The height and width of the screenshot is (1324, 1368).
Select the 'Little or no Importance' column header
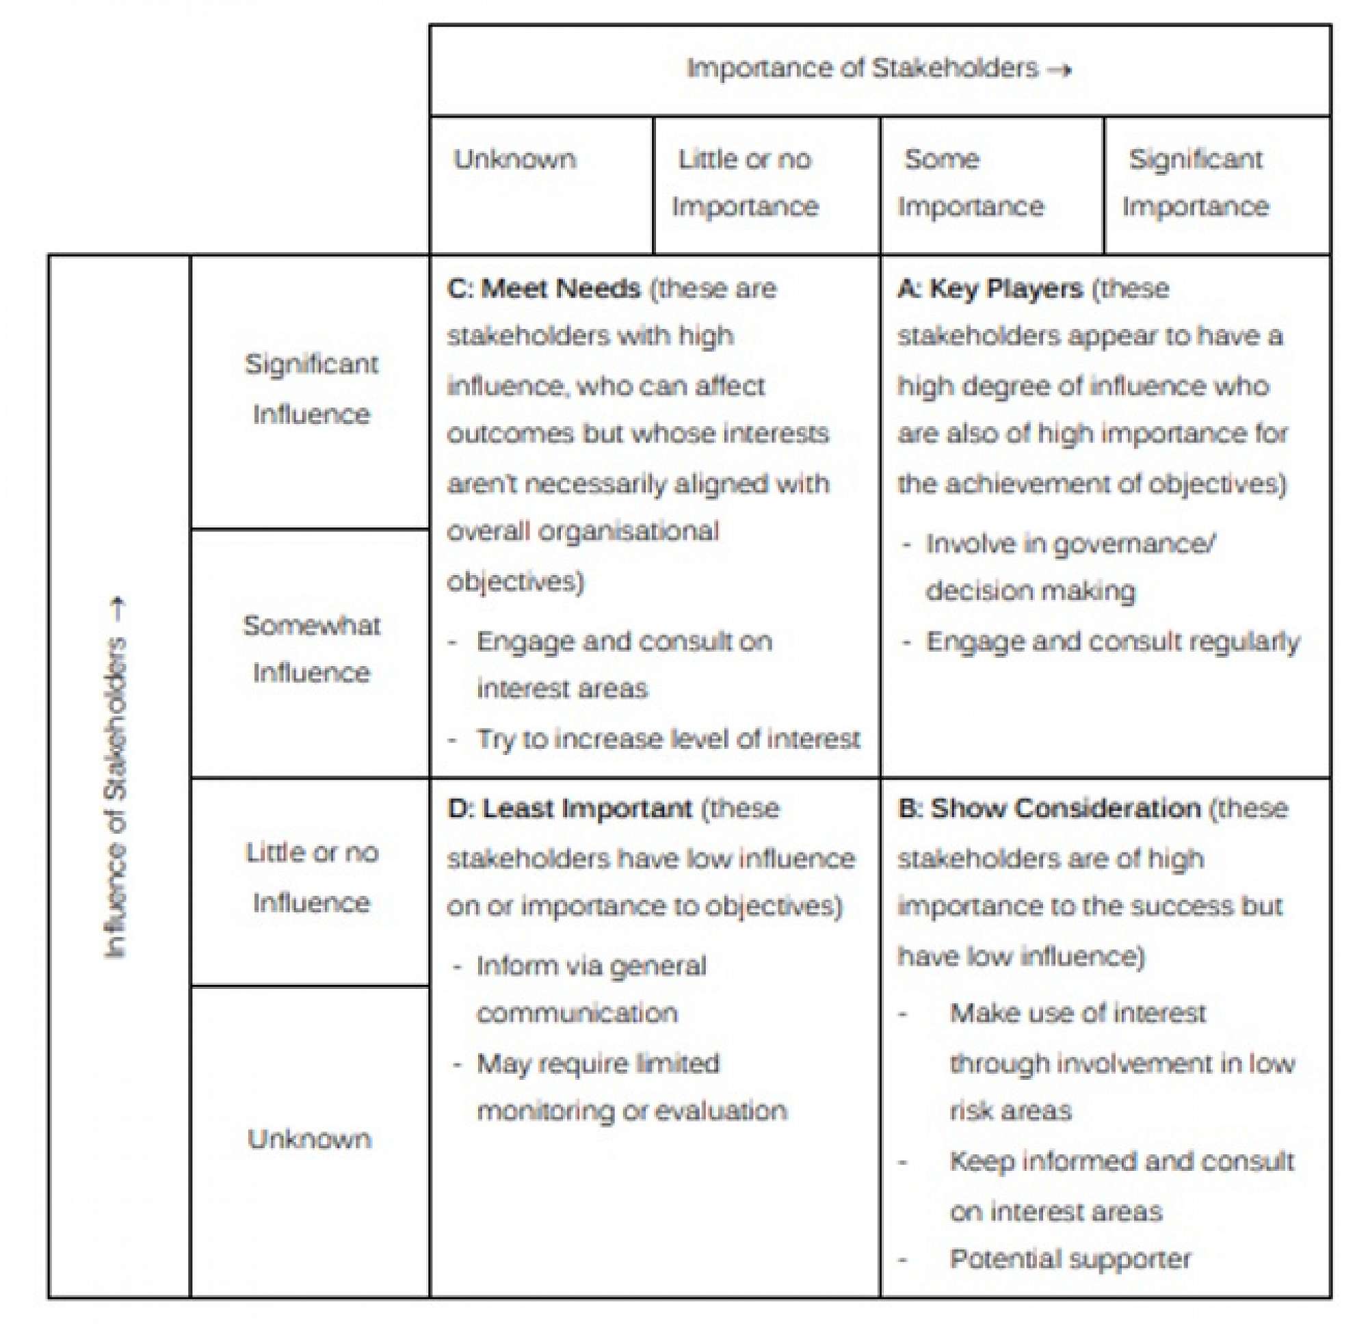[745, 183]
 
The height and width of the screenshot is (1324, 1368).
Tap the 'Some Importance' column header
[970, 183]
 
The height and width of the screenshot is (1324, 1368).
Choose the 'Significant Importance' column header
[1195, 183]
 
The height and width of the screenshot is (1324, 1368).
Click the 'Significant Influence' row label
[311, 388]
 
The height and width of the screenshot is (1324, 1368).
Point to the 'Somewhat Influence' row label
[311, 649]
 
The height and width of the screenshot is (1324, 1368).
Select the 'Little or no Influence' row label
[311, 877]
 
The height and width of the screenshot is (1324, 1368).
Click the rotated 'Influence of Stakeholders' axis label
[117, 778]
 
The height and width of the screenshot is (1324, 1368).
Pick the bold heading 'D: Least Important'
[570, 808]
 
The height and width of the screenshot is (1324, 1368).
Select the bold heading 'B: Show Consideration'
[1049, 808]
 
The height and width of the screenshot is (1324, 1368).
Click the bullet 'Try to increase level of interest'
[668, 739]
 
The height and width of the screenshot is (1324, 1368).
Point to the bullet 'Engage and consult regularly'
[1113, 641]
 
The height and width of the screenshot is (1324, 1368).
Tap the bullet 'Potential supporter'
[1070, 1258]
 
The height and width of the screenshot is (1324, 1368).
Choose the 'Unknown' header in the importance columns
[515, 160]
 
